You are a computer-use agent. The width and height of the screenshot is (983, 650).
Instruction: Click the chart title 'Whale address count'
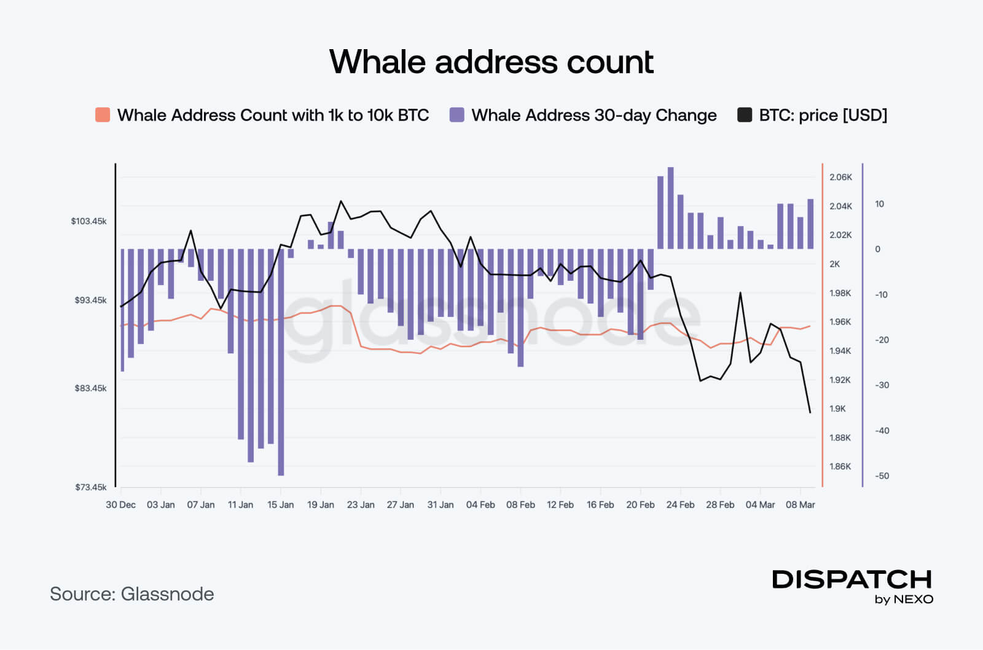(491, 62)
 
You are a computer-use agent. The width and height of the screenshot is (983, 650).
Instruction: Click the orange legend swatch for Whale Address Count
(103, 115)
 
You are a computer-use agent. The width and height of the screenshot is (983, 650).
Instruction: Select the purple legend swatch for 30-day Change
(456, 115)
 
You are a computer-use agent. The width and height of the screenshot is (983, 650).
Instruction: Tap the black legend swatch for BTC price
(745, 115)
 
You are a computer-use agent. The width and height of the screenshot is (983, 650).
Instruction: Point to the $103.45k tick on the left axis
(88, 221)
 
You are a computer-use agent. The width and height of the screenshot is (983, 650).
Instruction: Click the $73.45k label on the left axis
(90, 487)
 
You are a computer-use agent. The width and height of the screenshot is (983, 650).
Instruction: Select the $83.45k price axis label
(90, 388)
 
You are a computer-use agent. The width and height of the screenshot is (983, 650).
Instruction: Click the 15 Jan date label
(280, 505)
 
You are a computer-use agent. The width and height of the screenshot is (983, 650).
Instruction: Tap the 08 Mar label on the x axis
(800, 505)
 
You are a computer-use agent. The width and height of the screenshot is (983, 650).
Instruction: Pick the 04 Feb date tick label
(480, 505)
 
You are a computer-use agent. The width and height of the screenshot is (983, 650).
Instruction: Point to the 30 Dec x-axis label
(120, 505)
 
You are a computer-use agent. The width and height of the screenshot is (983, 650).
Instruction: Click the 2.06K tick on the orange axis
(840, 178)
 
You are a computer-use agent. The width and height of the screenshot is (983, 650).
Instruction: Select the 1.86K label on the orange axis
(840, 466)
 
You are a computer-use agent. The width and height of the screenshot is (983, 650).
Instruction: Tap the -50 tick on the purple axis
(882, 476)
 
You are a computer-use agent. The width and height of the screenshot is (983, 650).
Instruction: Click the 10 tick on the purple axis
(879, 204)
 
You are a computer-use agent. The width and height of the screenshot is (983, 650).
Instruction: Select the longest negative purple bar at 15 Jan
(281, 369)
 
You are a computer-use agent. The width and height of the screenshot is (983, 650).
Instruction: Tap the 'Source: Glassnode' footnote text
(131, 594)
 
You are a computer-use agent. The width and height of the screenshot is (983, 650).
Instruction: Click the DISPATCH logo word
(852, 579)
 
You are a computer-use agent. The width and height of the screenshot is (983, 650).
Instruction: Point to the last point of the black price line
(810, 412)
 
